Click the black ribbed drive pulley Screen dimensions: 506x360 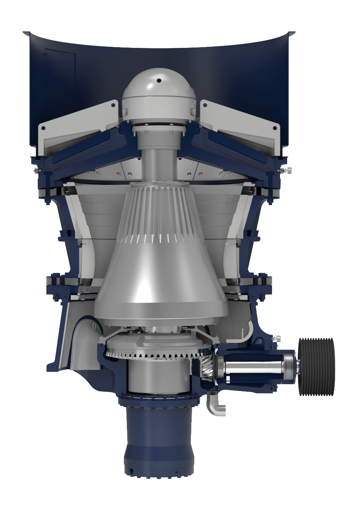tap(316, 366)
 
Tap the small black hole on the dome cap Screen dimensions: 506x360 tap(159, 80)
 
